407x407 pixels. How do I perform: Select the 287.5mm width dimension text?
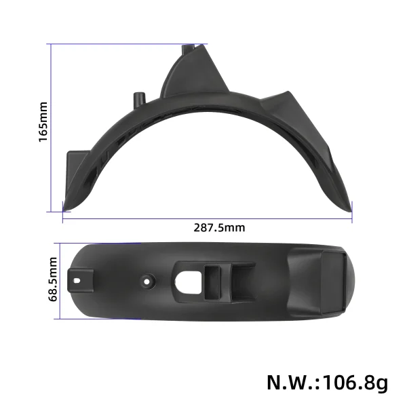pyautogui.click(x=220, y=227)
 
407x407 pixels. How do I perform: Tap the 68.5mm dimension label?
pyautogui.click(x=52, y=280)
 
